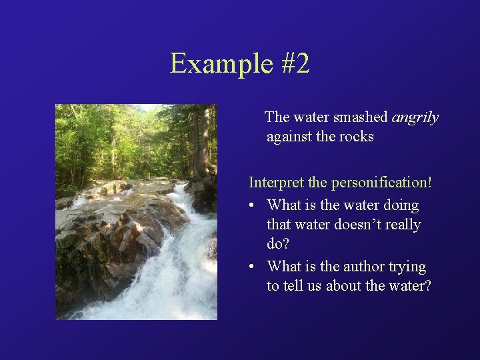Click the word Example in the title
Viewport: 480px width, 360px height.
point(217,64)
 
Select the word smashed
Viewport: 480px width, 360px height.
point(363,117)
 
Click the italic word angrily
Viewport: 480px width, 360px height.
point(415,118)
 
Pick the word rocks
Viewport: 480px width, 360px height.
point(357,137)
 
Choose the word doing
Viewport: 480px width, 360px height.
point(401,205)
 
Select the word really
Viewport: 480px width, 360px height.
point(403,225)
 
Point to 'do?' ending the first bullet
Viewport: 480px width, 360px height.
point(279,245)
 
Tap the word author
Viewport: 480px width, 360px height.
point(364,267)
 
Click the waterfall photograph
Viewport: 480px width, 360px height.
point(136,212)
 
